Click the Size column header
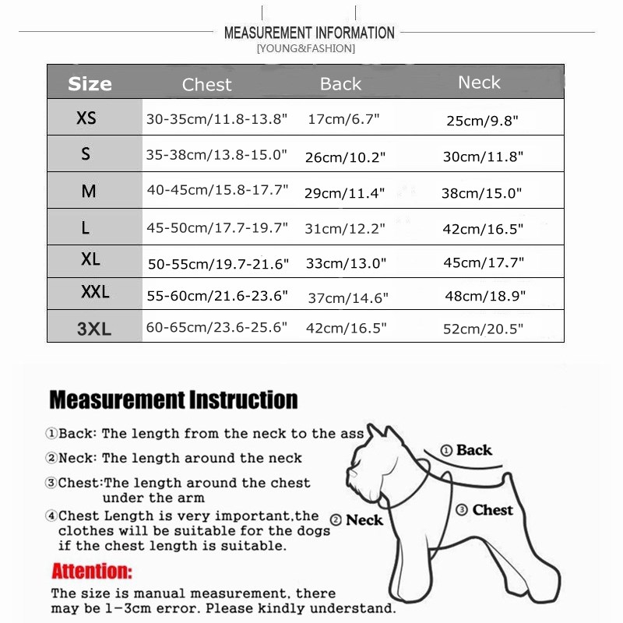(90, 83)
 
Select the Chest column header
(206, 84)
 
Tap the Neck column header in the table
(479, 82)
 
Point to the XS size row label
(86, 118)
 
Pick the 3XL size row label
(94, 329)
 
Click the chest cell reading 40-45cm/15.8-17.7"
(217, 190)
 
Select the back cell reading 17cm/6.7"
(343, 119)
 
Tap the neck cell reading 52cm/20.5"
(483, 329)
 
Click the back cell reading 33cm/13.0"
(346, 263)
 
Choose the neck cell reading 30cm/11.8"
(483, 157)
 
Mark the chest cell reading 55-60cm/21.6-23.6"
(217, 296)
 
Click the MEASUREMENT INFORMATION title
(309, 33)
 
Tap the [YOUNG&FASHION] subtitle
(305, 48)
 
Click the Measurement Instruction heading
(173, 400)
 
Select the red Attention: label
(92, 571)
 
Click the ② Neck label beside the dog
(357, 519)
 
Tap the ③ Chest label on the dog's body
(484, 510)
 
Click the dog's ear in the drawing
(377, 433)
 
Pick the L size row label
(86, 227)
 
